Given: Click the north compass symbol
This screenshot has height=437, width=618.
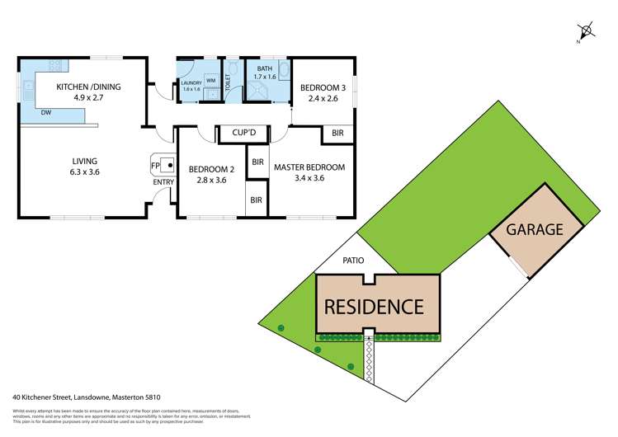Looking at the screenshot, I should (587, 32).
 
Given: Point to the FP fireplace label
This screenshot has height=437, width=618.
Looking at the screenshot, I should (154, 167).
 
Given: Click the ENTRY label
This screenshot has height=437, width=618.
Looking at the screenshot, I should (164, 181).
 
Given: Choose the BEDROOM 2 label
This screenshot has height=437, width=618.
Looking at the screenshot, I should (212, 174).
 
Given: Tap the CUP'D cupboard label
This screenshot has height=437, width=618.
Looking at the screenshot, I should (247, 133).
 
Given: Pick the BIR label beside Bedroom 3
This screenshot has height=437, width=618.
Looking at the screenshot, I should (338, 133).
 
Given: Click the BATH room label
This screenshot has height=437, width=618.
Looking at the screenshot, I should (264, 74).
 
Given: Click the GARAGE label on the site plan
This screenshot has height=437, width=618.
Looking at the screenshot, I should (534, 230).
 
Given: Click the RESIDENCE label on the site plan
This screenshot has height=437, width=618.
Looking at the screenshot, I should (374, 307).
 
